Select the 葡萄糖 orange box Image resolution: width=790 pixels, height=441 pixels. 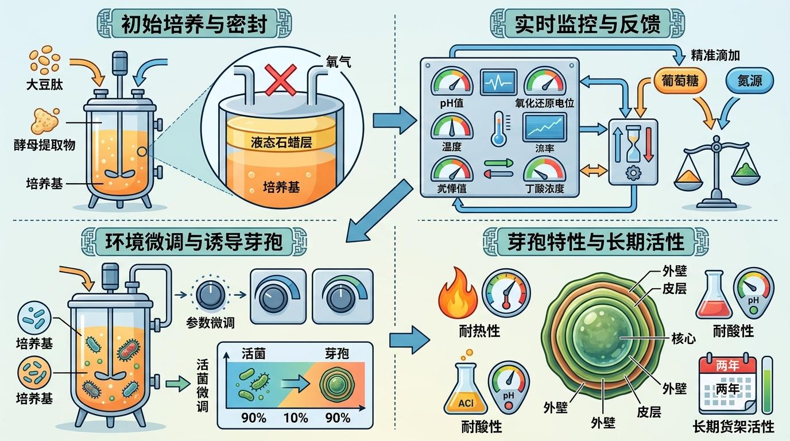(681, 81)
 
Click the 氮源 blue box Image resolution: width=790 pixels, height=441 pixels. (750, 81)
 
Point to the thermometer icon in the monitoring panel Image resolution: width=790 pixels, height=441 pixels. (497, 129)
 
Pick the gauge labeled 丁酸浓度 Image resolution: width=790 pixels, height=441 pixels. (544, 171)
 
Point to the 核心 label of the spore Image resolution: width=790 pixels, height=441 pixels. (683, 338)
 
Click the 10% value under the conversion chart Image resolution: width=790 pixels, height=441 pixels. (296, 418)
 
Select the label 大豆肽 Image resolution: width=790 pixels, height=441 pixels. (44, 86)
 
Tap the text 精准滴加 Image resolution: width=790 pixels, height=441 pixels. (715, 56)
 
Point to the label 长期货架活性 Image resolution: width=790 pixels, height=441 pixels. (734, 427)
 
